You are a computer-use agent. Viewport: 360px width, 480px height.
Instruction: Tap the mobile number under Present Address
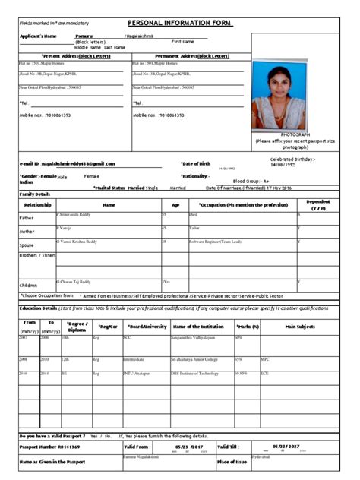[x=52, y=115]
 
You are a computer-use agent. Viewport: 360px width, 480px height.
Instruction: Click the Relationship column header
[x=37, y=205]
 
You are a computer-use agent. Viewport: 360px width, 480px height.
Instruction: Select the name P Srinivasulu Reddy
[x=77, y=215]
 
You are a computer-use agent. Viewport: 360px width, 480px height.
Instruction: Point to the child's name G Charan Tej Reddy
[x=77, y=281]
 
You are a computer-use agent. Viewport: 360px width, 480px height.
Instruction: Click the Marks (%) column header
[x=248, y=327]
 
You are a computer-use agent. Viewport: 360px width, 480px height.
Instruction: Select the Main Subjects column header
[x=300, y=327]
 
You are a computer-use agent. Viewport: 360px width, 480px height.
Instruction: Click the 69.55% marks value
[x=242, y=374]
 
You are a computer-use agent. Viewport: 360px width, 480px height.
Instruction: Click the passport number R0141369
[x=51, y=448]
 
